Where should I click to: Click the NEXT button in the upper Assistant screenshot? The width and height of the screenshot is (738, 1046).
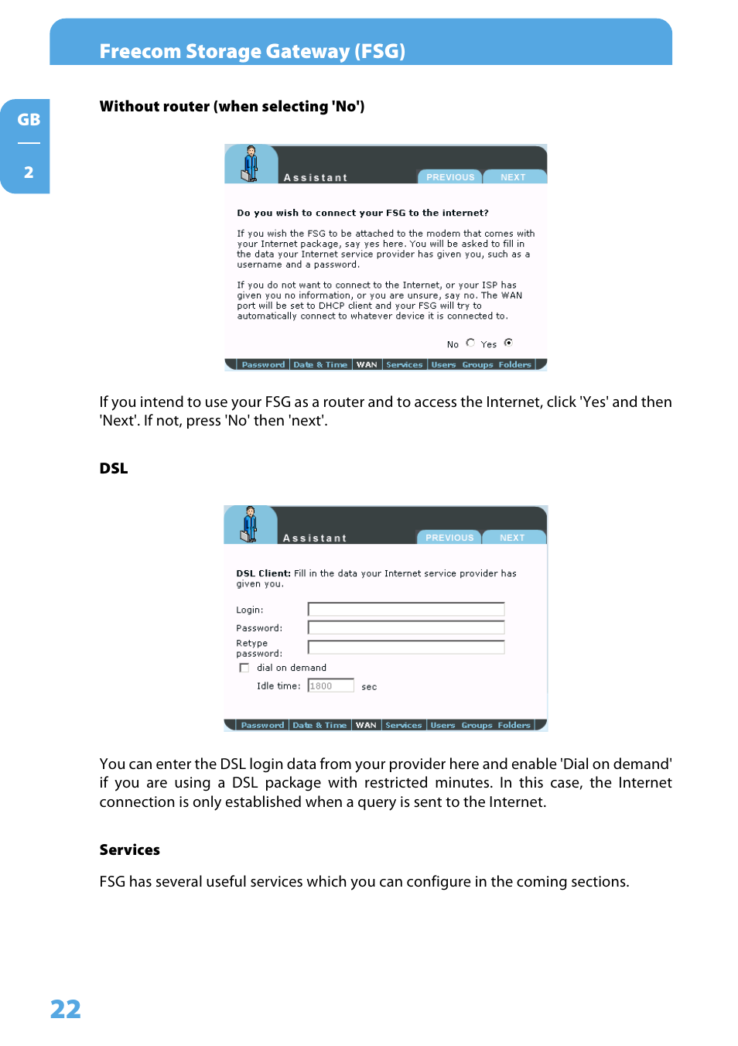(513, 177)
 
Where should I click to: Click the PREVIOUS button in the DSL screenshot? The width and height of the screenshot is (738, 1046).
(449, 538)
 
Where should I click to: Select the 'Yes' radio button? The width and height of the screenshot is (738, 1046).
(508, 343)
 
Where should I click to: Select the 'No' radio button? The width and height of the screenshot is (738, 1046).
(470, 343)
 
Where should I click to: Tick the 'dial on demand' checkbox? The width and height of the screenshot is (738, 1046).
(244, 668)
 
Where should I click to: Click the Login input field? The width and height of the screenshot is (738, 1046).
(405, 610)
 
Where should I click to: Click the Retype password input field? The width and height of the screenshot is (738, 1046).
(405, 648)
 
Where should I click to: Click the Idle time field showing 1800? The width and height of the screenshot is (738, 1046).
(330, 685)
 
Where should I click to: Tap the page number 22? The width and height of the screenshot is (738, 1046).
(66, 1009)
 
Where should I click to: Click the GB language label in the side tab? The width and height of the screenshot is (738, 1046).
(29, 120)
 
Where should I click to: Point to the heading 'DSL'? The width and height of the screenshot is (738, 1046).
(114, 469)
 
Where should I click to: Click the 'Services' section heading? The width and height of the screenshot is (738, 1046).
(130, 849)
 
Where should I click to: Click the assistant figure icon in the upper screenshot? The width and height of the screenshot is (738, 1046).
(250, 163)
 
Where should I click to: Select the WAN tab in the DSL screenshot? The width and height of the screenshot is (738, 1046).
(366, 725)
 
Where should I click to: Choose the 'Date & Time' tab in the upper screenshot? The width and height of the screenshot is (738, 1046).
(320, 364)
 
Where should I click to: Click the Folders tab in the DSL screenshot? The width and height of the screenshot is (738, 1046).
(514, 725)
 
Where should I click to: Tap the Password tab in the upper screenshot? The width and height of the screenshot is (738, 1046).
(263, 364)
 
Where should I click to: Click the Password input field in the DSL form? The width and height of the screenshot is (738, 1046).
(405, 628)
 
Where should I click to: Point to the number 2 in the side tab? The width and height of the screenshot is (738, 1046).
(29, 173)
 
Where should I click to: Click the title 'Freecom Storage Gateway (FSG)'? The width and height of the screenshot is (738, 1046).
(252, 51)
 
